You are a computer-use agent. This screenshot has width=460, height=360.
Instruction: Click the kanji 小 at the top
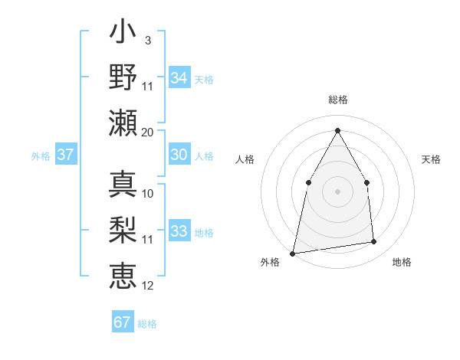pos(123,34)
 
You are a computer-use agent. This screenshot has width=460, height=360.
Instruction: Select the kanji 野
pos(123,77)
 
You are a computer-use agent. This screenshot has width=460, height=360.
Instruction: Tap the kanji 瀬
pos(123,123)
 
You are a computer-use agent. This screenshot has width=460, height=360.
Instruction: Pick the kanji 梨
pos(123,230)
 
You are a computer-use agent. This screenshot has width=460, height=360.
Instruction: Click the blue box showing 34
pos(179,78)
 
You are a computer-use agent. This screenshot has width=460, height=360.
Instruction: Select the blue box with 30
pos(179,155)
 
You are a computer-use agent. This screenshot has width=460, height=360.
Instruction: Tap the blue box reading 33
pos(179,231)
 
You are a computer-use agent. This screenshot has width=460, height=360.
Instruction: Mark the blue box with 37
pos(66,155)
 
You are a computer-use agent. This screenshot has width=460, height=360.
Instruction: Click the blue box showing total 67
pos(123,322)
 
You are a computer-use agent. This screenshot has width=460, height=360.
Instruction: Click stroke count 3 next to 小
pos(147,40)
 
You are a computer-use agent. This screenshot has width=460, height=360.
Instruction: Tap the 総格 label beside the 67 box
pos(147,324)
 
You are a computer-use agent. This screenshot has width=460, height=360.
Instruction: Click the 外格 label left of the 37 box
pos(41,156)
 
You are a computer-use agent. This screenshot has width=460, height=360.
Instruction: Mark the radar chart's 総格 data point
pos(337,130)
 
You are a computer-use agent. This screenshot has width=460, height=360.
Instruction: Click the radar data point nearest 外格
pos(293,253)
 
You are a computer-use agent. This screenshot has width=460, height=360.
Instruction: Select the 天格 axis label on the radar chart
pos(432,159)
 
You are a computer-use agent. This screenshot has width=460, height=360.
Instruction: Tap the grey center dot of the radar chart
pos(337,191)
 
